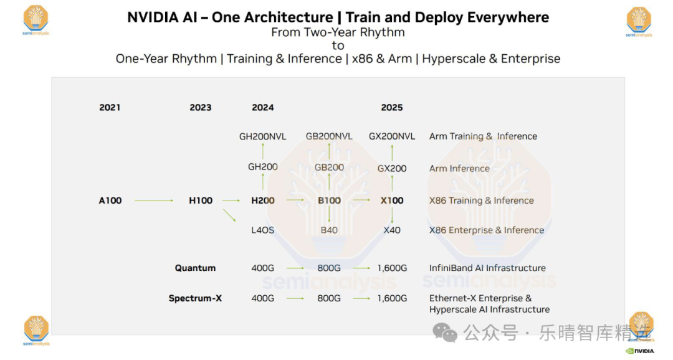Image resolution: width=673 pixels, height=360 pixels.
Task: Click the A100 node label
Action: tap(110, 201)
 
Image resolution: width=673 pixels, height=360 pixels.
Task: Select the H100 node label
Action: tap(201, 201)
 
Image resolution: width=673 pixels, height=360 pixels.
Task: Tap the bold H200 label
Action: tap(262, 201)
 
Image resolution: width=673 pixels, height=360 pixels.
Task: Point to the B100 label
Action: tap(329, 201)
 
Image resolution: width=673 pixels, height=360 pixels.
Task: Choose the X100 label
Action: tap(392, 201)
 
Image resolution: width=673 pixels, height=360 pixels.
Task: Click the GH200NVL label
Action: tap(262, 136)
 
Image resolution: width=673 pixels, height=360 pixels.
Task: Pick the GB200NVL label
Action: tap(329, 136)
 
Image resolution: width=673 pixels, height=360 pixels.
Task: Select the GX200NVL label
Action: tap(392, 136)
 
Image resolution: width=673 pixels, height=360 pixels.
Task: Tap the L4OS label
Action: tap(262, 230)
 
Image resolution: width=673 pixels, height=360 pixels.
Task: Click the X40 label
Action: tap(392, 230)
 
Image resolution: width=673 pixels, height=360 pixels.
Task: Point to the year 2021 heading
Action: tap(110, 108)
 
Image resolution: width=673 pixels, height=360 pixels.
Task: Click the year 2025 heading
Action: tap(392, 108)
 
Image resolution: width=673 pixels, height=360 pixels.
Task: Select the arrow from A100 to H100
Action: tap(154, 201)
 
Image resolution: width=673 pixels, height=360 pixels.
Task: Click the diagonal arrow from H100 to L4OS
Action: tap(230, 216)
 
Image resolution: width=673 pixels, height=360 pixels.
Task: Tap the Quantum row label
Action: tap(195, 268)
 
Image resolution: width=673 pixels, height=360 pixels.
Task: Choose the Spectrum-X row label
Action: tap(195, 298)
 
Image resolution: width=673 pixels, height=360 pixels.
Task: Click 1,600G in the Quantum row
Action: tap(392, 268)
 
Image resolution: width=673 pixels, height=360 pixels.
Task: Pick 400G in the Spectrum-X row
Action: tap(262, 298)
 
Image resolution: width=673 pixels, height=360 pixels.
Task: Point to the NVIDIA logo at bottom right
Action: tap(640, 351)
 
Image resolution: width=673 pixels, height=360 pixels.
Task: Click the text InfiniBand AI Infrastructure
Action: tap(487, 268)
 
